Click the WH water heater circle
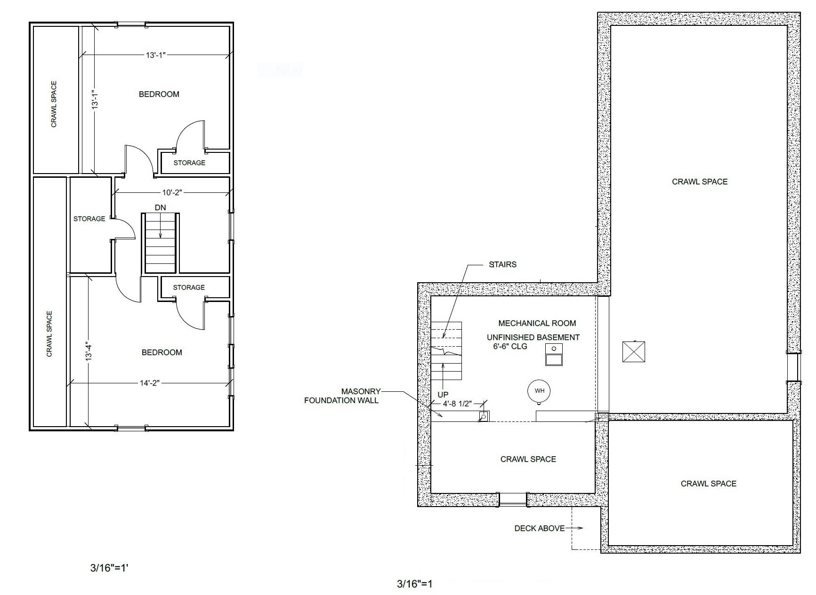539,391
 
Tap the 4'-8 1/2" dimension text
457,404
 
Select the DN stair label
160,207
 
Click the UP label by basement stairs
443,395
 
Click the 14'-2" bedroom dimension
150,383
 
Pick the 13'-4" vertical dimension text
88,351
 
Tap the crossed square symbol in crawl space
633,351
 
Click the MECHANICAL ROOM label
537,323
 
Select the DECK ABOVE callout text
539,528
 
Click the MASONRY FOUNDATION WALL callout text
341,396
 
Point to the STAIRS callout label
503,264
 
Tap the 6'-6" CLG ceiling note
507,346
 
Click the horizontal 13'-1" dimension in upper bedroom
155,55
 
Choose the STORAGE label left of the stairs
89,219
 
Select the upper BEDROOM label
159,94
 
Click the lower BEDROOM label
162,352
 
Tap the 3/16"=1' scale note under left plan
109,568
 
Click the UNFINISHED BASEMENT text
533,337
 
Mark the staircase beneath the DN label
160,243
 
